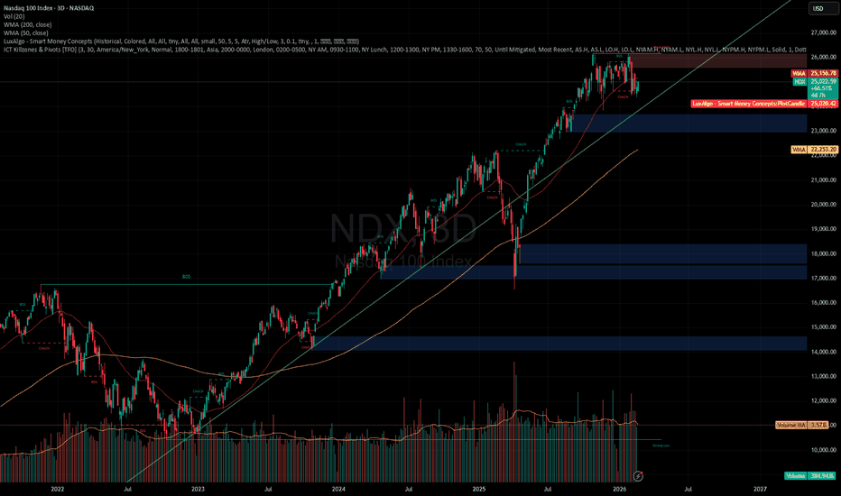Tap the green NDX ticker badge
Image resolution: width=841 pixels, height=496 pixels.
tap(799, 81)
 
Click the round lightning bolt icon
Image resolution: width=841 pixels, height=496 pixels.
tap(640, 473)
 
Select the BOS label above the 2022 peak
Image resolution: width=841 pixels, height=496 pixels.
tap(187, 278)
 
